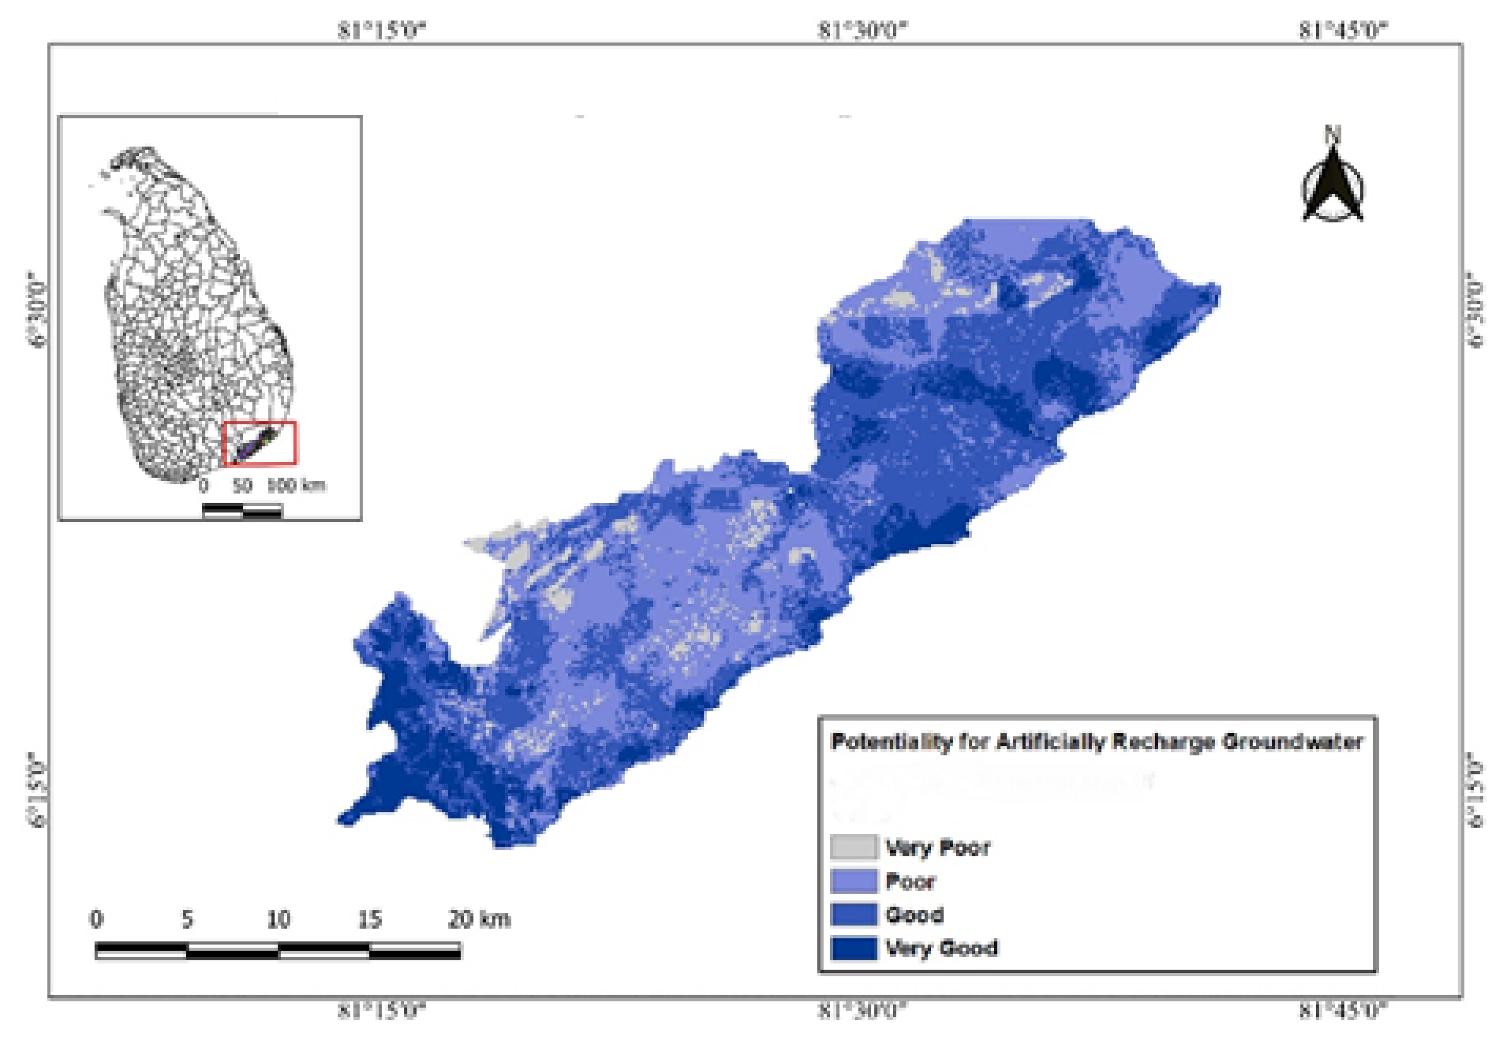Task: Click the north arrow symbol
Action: [1332, 185]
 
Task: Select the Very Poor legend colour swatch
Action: [854, 847]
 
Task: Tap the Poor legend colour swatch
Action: [854, 881]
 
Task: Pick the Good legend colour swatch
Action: [854, 914]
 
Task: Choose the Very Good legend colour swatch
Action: [854, 948]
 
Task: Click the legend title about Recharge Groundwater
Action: [1096, 742]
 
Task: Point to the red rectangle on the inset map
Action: [261, 443]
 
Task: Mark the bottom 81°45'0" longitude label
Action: [1343, 1011]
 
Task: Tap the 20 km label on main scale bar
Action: [479, 919]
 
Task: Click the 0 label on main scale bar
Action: [96, 919]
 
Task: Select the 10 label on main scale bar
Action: [279, 919]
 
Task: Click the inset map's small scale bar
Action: [242, 511]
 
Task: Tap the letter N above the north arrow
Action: [1332, 134]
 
